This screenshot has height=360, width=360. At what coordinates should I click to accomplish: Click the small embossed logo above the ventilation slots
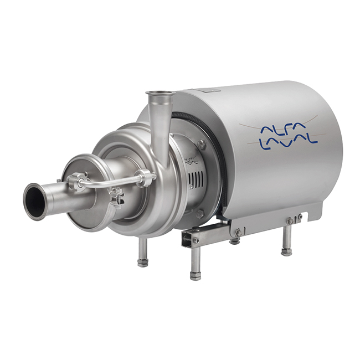tap(191, 161)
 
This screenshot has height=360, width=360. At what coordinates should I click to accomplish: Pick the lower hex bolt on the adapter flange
tap(200, 212)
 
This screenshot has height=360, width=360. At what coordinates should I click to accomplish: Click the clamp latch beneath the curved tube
tap(117, 194)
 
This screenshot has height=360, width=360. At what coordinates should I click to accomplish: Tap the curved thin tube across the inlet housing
tap(111, 181)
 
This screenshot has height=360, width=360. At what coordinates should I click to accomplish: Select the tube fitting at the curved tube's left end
tap(78, 181)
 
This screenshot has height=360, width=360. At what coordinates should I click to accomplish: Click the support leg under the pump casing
tap(143, 252)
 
